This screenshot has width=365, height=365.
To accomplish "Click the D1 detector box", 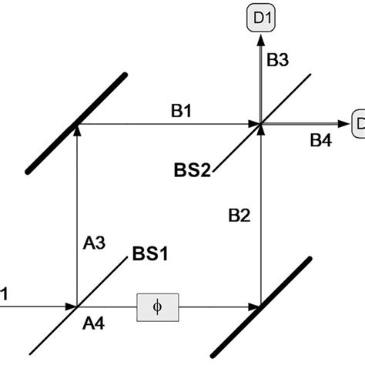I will click(260, 16).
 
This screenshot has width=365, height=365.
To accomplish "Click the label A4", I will click(92, 325).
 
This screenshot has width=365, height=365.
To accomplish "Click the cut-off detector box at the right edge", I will click(358, 123).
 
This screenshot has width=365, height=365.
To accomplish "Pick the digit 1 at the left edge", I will click(4, 293).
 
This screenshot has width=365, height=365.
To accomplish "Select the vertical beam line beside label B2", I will click(260, 216).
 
